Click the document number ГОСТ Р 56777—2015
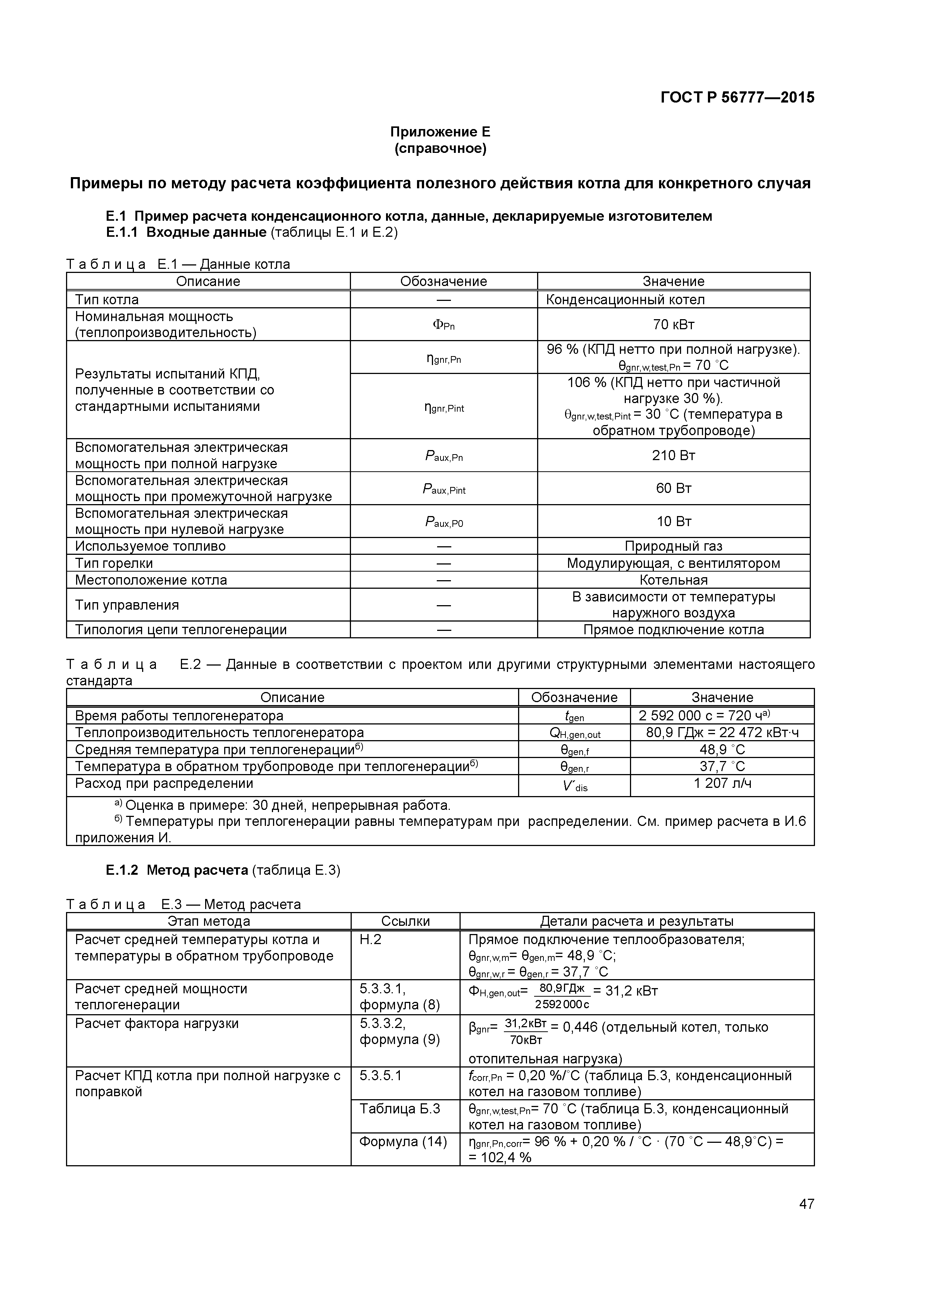pos(737,97)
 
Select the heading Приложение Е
pos(440,132)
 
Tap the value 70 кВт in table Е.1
pos(673,325)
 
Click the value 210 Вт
pos(673,455)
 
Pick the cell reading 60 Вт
pos(673,488)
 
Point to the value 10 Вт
pos(673,521)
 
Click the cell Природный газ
pos(673,546)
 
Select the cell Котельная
pos(673,580)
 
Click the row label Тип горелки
pos(114,563)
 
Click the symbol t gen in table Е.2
pos(574,716)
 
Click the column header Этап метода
pos(208,921)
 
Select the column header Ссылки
pos(405,921)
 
